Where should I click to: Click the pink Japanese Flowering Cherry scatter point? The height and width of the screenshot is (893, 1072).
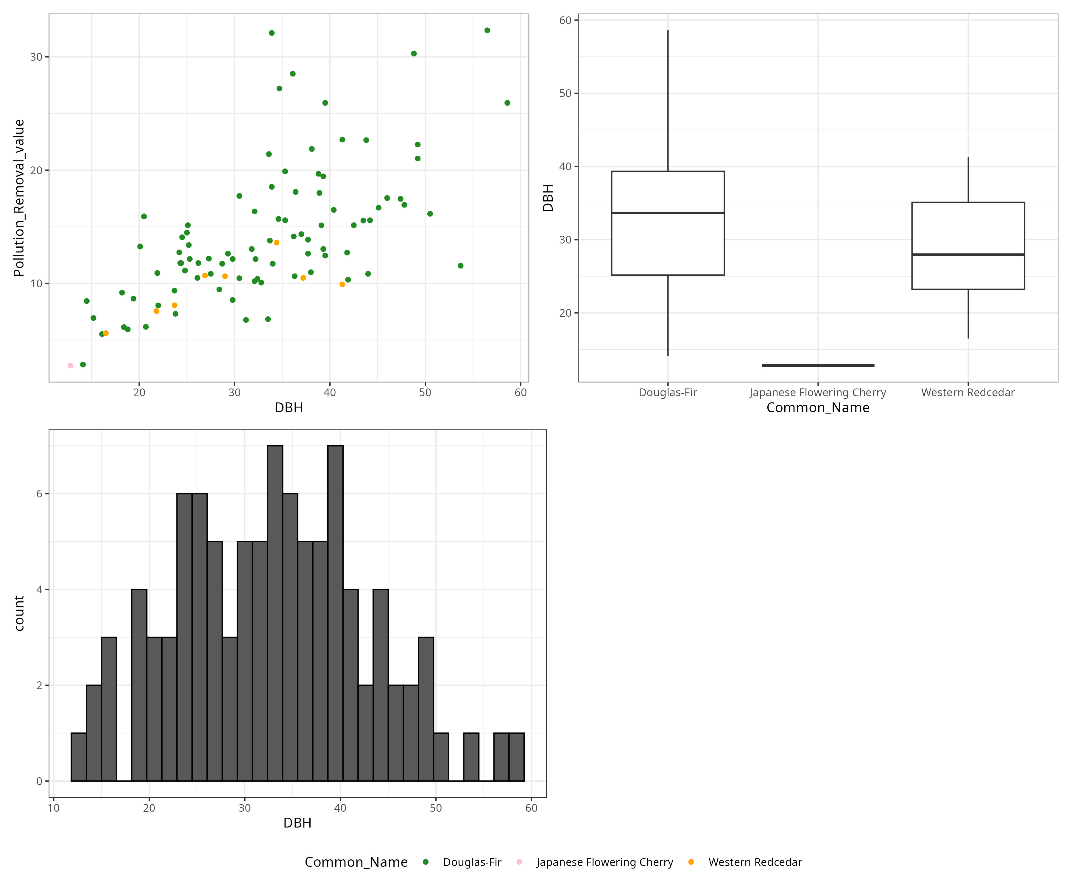click(x=71, y=365)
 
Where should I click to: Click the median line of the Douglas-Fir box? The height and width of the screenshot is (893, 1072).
click(x=668, y=213)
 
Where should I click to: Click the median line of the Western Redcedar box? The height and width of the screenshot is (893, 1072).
click(x=968, y=255)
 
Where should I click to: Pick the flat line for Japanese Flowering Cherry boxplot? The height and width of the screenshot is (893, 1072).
click(x=818, y=365)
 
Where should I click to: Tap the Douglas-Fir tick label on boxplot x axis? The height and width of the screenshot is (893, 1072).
click(x=668, y=392)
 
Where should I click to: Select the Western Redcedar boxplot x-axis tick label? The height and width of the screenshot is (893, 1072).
click(x=968, y=392)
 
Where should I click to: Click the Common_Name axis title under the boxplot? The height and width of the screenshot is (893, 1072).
click(x=818, y=408)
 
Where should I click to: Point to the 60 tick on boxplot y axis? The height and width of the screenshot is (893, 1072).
click(x=565, y=21)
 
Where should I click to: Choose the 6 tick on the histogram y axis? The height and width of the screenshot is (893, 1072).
click(x=39, y=494)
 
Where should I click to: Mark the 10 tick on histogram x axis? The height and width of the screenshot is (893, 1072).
click(x=54, y=808)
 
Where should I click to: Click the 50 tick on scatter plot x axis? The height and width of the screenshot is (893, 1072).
click(x=425, y=392)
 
